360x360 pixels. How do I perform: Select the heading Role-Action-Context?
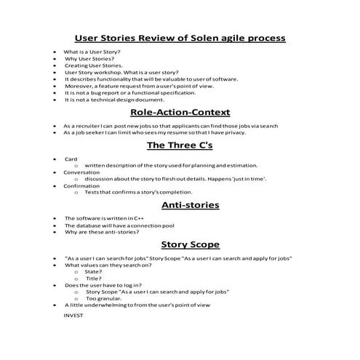pyautogui.click(x=180, y=112)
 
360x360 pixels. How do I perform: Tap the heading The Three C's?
pyautogui.click(x=180, y=145)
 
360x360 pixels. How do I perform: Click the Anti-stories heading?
pyautogui.click(x=180, y=204)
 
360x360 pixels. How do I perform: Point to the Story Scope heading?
pyautogui.click(x=180, y=244)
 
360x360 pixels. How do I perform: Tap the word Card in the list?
pyautogui.click(x=71, y=159)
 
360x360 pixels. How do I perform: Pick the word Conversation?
pyautogui.click(x=81, y=172)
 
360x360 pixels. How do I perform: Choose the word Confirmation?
pyautogui.click(x=81, y=185)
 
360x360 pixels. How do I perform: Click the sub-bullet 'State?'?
pyautogui.click(x=94, y=272)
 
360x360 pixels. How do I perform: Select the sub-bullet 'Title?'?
pyautogui.click(x=93, y=279)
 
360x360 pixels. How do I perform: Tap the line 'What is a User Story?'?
pyautogui.click(x=92, y=52)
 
